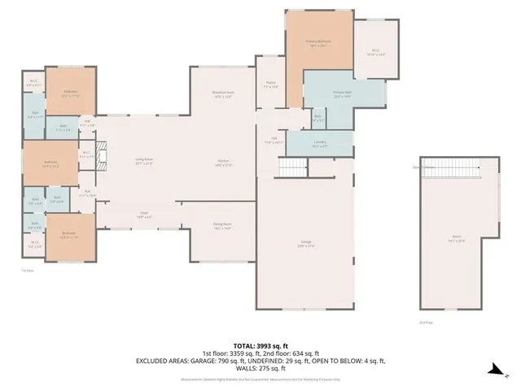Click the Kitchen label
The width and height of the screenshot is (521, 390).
click(225, 163)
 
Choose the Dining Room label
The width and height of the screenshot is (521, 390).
click(222, 226)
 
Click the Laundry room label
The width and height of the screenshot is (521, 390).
click(319, 144)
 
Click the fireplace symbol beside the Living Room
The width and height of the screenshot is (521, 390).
click(102, 154)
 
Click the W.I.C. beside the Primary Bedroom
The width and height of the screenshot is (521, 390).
click(376, 51)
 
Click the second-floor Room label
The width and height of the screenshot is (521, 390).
click(456, 239)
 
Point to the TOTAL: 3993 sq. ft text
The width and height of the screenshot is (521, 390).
click(260, 344)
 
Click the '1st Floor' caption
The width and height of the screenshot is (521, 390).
click(27, 270)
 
